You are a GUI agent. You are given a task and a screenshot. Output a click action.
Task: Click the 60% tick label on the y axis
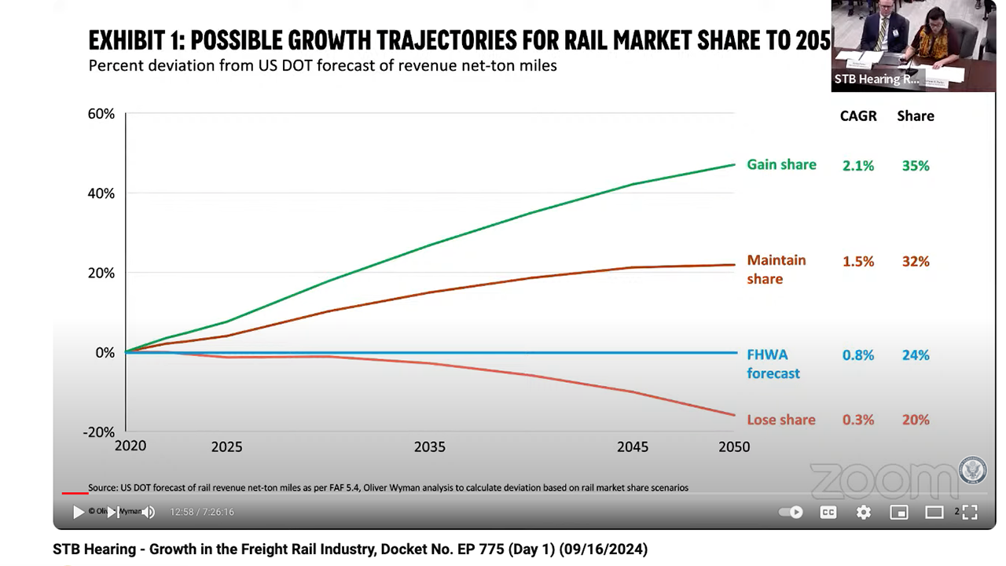tap(101, 114)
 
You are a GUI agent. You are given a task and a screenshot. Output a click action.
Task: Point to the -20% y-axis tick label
tap(99, 432)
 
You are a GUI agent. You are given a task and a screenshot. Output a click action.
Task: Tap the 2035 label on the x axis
tap(430, 447)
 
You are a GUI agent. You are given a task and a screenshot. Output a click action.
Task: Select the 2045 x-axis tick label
tap(633, 447)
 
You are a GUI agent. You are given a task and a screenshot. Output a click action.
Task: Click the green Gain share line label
tap(781, 164)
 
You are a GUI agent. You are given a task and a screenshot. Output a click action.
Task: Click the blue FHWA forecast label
tap(773, 364)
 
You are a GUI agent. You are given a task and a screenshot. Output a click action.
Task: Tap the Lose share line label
tap(781, 420)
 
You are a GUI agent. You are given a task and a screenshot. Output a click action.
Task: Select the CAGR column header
tap(858, 116)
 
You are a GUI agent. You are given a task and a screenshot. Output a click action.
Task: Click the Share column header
tap(916, 116)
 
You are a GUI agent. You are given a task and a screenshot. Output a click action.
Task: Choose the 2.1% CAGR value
tap(858, 166)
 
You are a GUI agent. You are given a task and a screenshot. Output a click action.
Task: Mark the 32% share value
tap(916, 262)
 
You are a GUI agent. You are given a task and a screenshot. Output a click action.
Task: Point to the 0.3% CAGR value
tap(858, 420)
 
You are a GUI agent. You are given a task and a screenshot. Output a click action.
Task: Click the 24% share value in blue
tap(916, 355)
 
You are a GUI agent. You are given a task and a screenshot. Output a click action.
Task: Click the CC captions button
tap(828, 513)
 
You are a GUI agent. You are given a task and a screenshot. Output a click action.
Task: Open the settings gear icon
tap(864, 513)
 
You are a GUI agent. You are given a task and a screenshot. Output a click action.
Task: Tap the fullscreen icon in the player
tap(970, 513)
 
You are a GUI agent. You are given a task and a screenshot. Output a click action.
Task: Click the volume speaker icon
tap(149, 513)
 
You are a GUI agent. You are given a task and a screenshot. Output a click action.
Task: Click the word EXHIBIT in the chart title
tap(129, 39)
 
